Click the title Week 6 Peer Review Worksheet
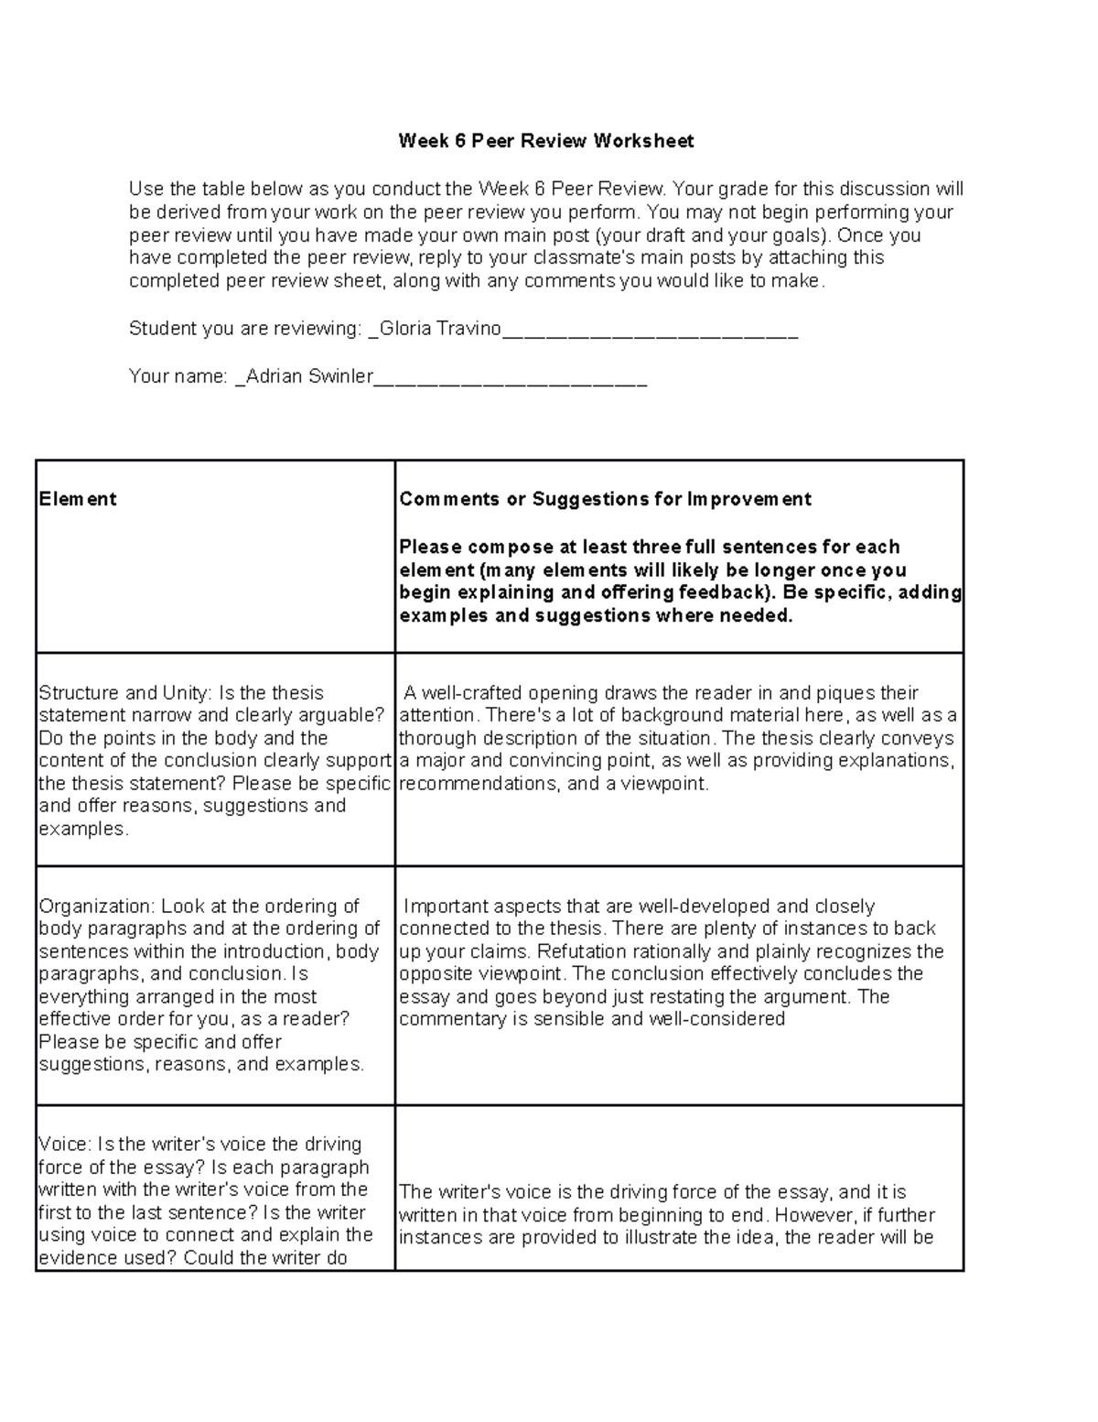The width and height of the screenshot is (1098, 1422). pyautogui.click(x=545, y=141)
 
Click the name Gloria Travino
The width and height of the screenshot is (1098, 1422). pyautogui.click(x=439, y=329)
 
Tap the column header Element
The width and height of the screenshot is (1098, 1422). pyautogui.click(x=78, y=499)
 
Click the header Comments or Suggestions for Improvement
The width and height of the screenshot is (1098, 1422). pyautogui.click(x=605, y=499)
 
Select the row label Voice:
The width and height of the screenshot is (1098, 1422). pyautogui.click(x=65, y=1145)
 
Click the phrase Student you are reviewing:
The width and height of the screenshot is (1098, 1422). pyautogui.click(x=246, y=329)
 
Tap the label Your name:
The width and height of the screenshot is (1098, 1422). pyautogui.click(x=178, y=376)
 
